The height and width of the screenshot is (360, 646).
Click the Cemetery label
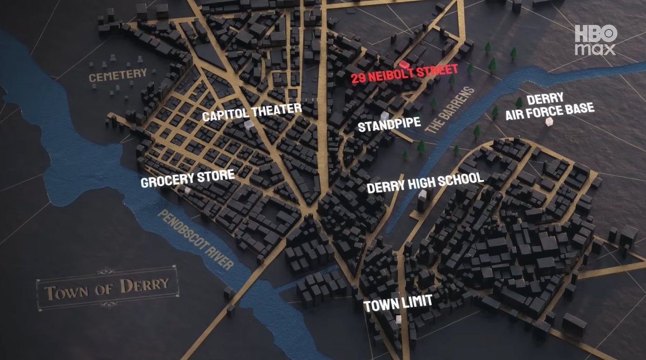coord(118,75)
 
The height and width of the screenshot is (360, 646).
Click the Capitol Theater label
coord(252,112)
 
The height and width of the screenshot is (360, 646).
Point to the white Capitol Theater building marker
coord(248,124)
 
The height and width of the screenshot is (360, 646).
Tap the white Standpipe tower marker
coord(384,115)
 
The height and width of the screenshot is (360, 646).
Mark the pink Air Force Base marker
coord(550,122)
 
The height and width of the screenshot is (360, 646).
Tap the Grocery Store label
coord(187,178)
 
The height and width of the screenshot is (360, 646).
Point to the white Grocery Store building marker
coord(187,190)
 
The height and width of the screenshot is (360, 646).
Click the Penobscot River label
coord(196,240)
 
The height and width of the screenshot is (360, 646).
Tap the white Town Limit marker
coord(398,319)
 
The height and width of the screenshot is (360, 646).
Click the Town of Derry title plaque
coord(107,290)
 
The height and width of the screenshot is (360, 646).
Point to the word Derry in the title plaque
coord(144,285)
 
